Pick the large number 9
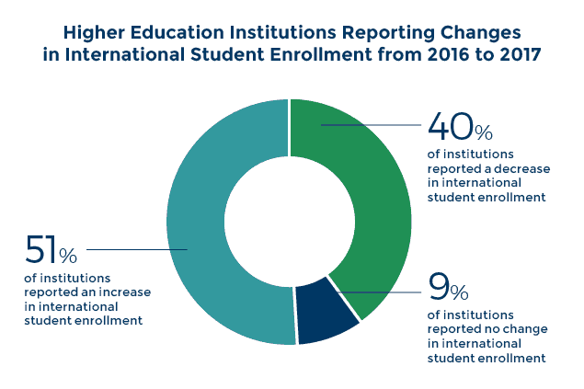439,289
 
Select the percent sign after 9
459,293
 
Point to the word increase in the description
125,292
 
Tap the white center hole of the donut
290,222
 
